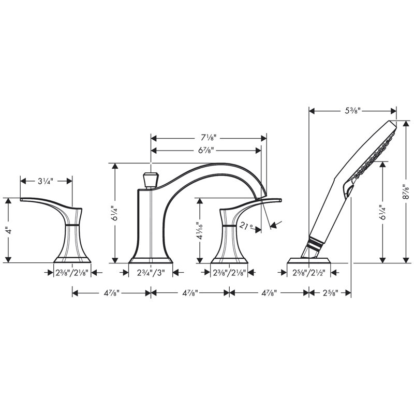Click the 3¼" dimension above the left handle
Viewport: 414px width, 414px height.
pyautogui.click(x=46, y=181)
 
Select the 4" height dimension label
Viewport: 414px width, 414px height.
pyautogui.click(x=9, y=231)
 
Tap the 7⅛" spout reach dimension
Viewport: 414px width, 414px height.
pyautogui.click(x=209, y=138)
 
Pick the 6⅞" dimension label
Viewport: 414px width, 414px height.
pyautogui.click(x=206, y=150)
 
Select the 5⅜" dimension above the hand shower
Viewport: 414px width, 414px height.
pyautogui.click(x=353, y=111)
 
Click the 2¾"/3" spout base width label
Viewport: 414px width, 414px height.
pyautogui.click(x=151, y=273)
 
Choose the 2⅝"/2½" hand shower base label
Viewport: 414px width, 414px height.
pyautogui.click(x=308, y=273)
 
